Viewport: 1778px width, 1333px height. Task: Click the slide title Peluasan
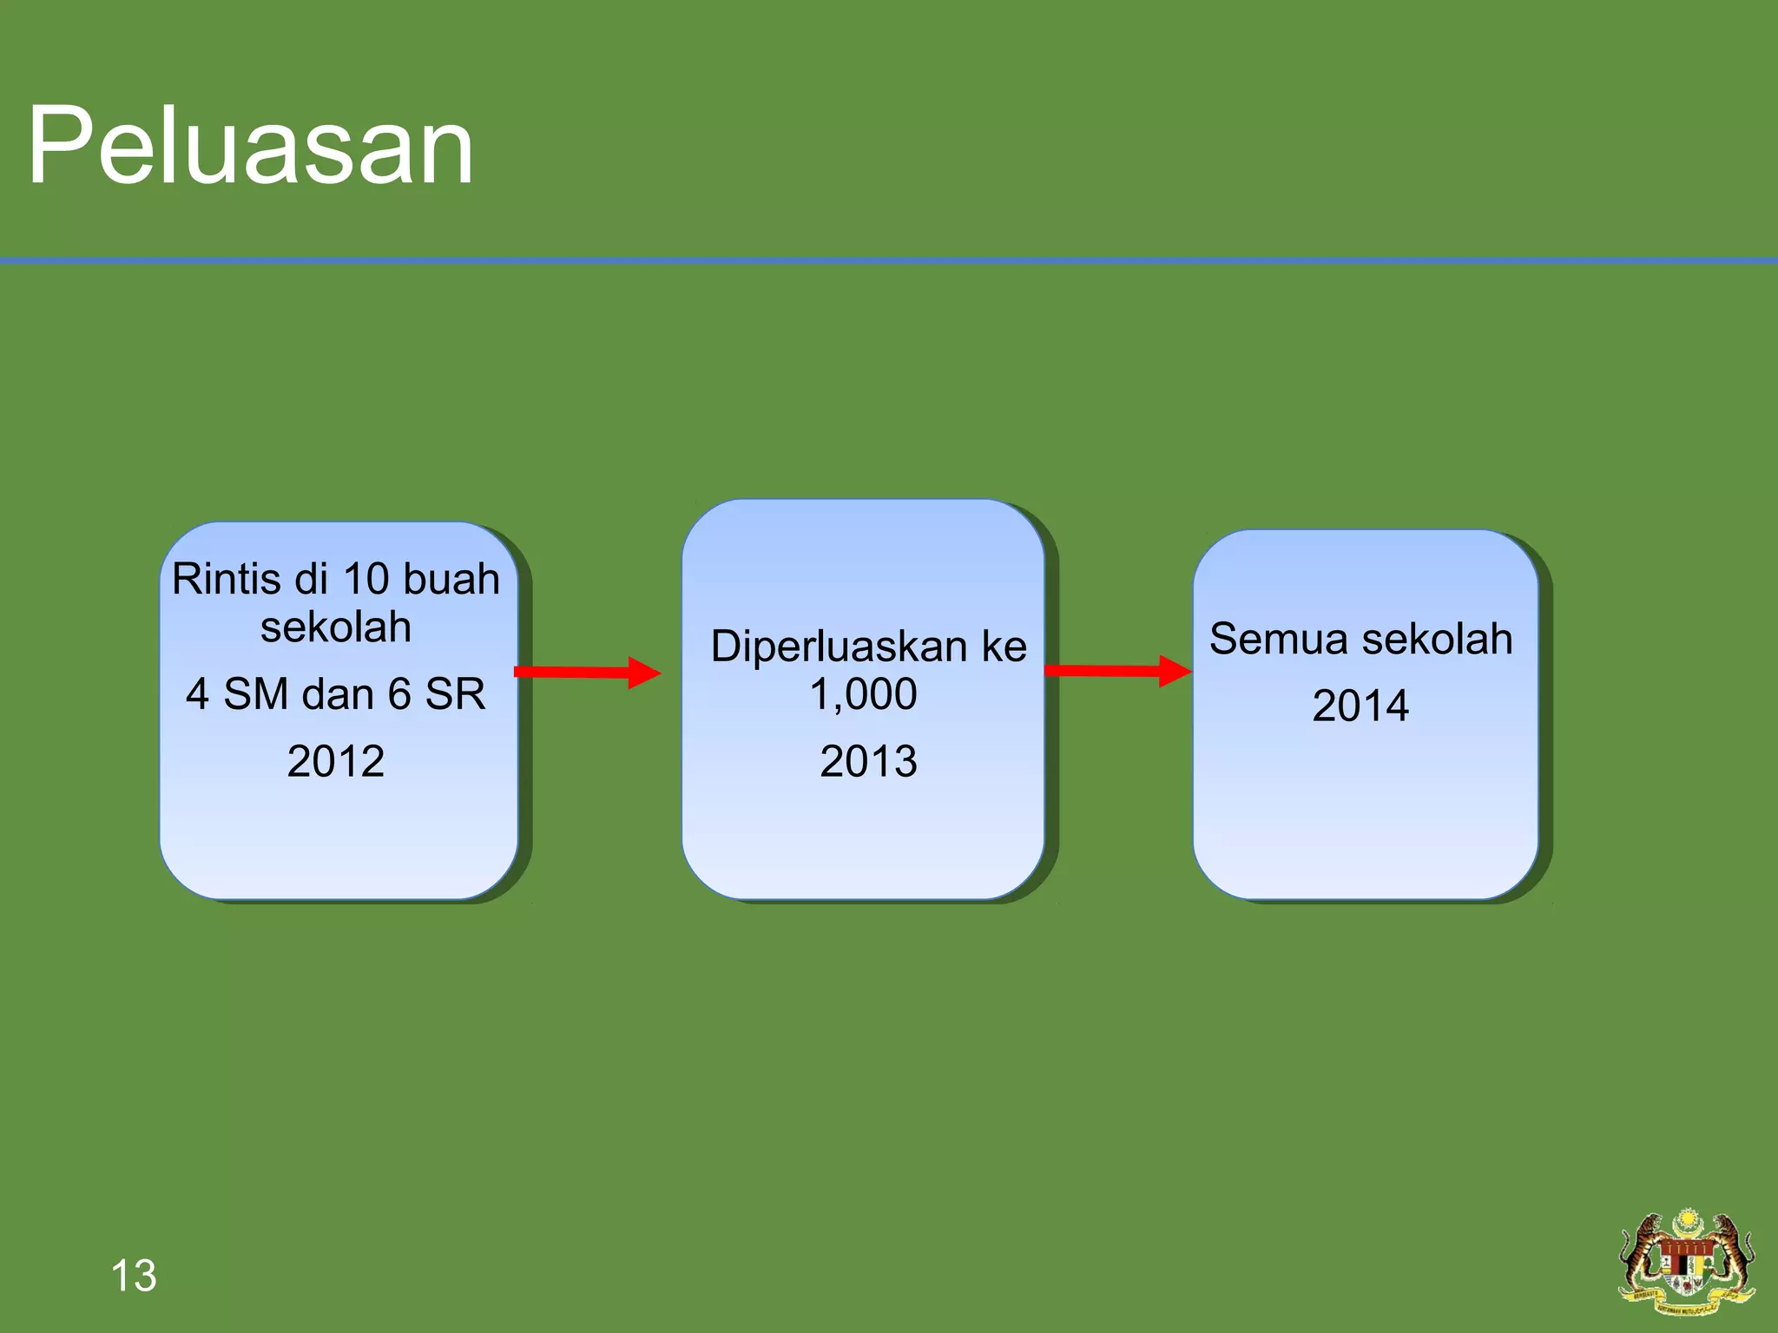[250, 146]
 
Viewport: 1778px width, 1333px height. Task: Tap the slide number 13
[134, 1276]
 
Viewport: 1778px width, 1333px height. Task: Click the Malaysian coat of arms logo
[1687, 1264]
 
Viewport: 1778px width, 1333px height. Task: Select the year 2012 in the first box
[335, 761]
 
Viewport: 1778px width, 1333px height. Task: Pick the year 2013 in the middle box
[868, 761]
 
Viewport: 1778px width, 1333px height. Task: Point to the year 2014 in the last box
[1360, 705]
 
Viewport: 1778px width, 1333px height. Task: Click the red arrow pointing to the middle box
[587, 673]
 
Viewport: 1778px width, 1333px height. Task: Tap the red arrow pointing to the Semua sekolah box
[1118, 671]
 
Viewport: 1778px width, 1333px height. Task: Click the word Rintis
[225, 579]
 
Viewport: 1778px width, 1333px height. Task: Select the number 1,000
[863, 694]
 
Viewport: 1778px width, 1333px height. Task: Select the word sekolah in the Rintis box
[335, 627]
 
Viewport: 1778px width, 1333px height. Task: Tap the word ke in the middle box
[1004, 647]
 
